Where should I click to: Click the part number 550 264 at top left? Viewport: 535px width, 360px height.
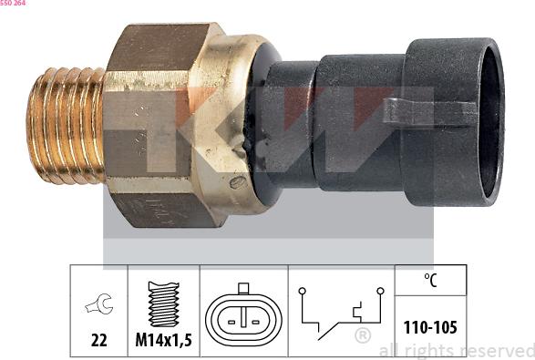click(13, 3)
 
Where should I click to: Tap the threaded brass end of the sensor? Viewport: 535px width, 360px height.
click(66, 126)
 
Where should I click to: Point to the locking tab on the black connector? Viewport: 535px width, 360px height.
click(430, 110)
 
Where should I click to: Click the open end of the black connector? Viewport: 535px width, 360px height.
click(490, 122)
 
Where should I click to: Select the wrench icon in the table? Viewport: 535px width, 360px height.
click(99, 303)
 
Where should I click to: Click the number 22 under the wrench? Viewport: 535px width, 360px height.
click(99, 340)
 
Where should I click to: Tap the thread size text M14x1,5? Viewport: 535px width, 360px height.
click(163, 340)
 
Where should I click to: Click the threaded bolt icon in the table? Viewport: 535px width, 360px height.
click(164, 304)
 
